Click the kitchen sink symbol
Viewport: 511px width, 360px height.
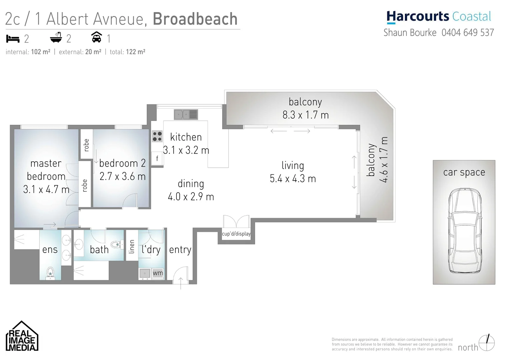185,114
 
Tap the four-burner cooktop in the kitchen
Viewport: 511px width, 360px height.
157,136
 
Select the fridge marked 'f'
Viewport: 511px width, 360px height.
157,159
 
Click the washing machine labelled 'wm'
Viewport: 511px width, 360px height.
158,273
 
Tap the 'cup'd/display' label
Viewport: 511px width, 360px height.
236,234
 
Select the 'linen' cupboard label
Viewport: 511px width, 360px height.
132,247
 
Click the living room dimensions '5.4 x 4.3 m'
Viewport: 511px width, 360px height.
293,179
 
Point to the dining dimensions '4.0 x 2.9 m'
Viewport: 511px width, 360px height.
191,197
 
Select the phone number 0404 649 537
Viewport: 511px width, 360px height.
468,33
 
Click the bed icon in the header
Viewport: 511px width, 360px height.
13,39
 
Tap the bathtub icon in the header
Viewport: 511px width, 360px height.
56,38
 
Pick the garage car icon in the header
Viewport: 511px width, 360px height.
97,37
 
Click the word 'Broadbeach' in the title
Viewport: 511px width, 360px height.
195,19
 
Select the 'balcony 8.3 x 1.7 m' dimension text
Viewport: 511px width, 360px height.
306,115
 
